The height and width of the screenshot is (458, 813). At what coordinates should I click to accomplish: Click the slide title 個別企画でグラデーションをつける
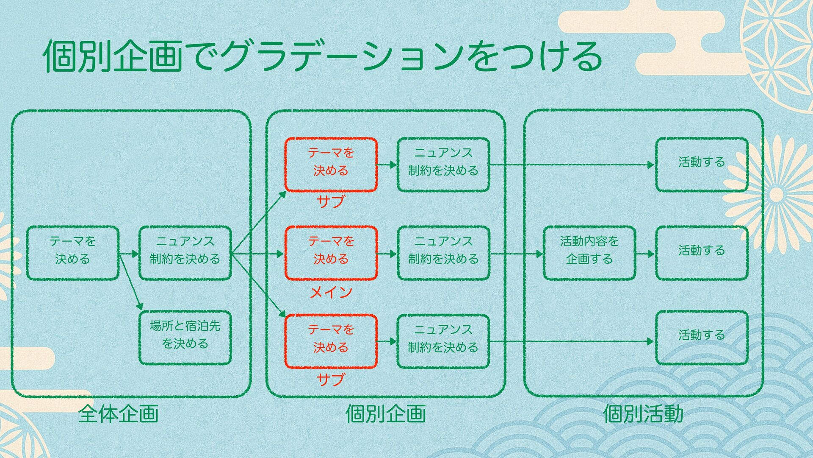point(322,56)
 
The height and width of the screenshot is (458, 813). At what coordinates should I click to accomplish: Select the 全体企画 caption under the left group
point(118,413)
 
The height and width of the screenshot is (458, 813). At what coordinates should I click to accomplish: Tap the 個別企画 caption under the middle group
point(385,413)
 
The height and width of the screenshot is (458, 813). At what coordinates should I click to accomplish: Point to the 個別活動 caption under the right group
point(643,413)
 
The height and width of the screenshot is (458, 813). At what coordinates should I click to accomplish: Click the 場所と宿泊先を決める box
point(185,338)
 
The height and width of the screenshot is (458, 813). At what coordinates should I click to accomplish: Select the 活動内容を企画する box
point(589,253)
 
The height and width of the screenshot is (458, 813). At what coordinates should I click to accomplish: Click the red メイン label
point(331,292)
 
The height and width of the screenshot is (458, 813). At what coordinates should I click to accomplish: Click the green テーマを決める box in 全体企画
point(72,253)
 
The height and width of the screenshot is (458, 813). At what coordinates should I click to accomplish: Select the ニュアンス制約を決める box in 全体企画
point(185,253)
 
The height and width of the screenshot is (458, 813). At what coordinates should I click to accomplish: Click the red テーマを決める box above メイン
point(331,253)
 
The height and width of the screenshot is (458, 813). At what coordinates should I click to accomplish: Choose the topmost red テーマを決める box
point(331,165)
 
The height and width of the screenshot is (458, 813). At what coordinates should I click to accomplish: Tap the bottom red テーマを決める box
point(331,341)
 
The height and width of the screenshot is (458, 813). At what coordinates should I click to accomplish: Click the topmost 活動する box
point(702,165)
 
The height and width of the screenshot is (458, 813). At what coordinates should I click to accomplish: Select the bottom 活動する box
point(702,338)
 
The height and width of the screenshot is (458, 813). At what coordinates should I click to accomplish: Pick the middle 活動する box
point(702,253)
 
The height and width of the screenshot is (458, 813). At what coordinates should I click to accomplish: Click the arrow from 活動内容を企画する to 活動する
point(645,254)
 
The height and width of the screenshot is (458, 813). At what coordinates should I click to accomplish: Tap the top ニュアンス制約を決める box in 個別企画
point(443,165)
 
